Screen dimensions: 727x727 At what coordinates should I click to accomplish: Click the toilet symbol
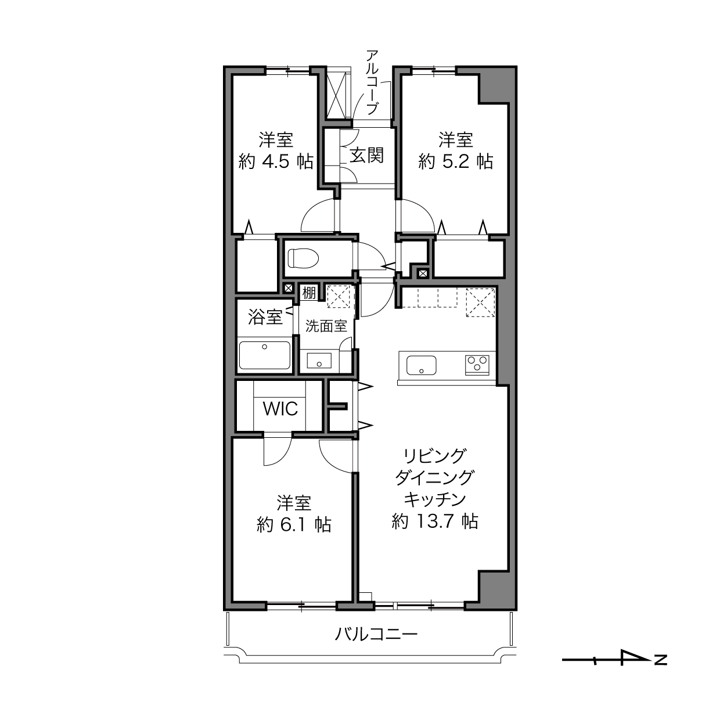[303, 258]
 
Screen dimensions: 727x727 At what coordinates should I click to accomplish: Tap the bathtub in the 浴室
[265, 355]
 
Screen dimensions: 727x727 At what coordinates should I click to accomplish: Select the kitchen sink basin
[421, 365]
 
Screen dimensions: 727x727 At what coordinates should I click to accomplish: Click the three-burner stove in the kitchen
[477, 365]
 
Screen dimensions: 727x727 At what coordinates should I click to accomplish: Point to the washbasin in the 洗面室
[319, 360]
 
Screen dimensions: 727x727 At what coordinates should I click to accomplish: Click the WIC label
[280, 409]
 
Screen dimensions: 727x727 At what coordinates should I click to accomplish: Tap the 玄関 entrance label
[367, 154]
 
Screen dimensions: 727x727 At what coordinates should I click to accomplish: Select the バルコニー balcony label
[376, 634]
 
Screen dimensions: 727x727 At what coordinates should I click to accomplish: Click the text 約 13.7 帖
[435, 522]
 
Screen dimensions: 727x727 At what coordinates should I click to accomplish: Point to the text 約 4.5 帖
[276, 162]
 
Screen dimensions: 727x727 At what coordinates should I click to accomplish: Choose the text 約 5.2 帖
[455, 162]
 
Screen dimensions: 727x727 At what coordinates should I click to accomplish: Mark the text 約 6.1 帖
[294, 525]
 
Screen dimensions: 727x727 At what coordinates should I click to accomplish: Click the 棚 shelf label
[309, 293]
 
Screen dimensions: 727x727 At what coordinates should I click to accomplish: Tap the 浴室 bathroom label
[265, 317]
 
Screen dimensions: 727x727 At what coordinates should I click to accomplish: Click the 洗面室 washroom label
[326, 326]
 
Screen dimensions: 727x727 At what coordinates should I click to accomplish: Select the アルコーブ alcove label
[372, 82]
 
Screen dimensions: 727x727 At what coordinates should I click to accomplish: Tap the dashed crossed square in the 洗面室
[339, 297]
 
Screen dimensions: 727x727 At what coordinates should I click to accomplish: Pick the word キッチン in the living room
[435, 500]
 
